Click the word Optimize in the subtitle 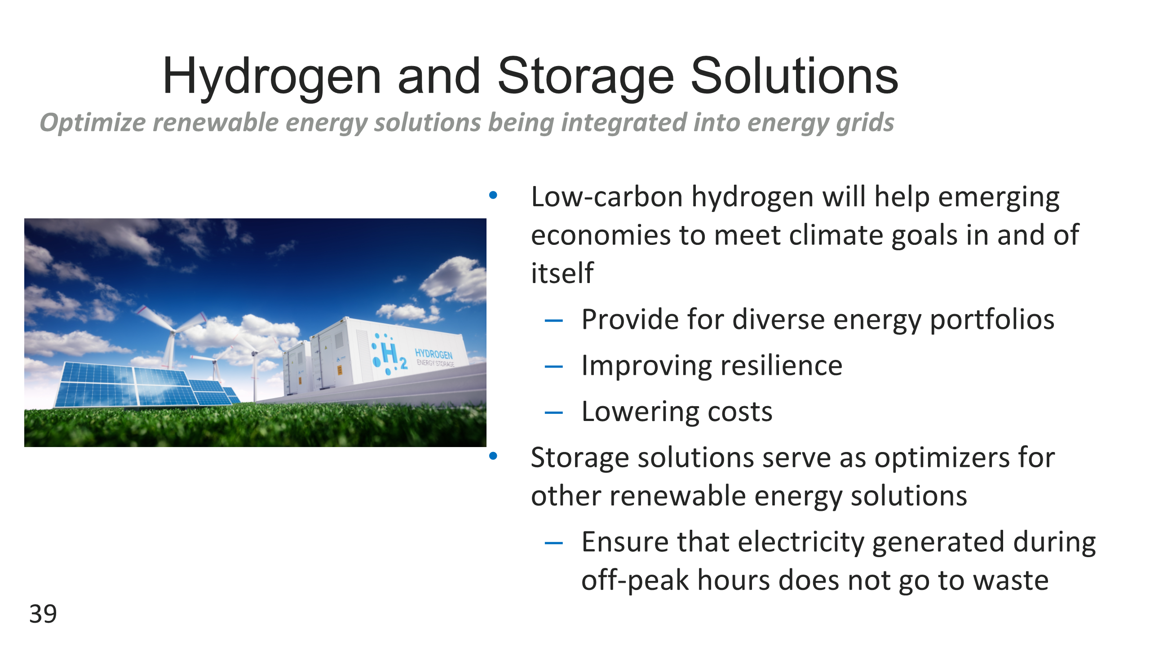(x=93, y=123)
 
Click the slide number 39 (x=43, y=614)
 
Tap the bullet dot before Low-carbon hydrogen (x=493, y=195)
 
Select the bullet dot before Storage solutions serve (x=493, y=456)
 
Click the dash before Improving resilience (x=553, y=367)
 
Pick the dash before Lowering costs (x=553, y=412)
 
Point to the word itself (x=562, y=273)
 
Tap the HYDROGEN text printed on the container (x=433, y=354)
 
